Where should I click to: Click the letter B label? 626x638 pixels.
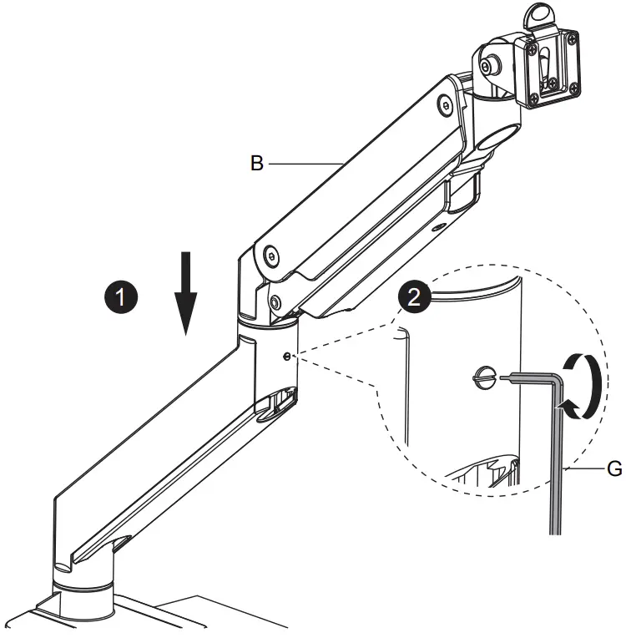pos(257,164)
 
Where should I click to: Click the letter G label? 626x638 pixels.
pos(613,469)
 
